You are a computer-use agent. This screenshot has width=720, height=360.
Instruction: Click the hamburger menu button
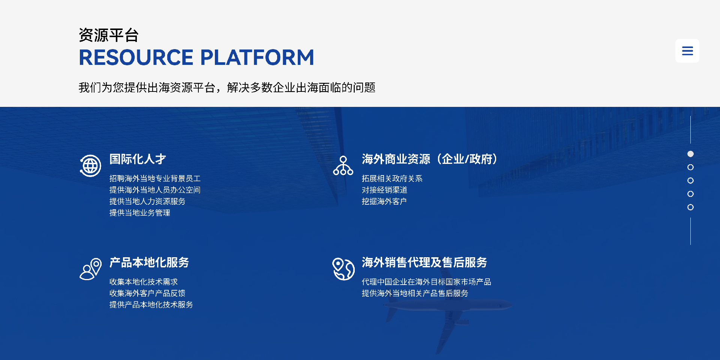pos(687,51)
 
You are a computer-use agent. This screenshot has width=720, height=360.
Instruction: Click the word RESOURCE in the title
pos(136,57)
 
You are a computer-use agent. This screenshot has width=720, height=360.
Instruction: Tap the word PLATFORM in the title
pos(257,57)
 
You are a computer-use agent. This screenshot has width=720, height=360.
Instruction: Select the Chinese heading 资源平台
pos(109,35)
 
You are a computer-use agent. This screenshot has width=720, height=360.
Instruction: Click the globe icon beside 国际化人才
pos(90,166)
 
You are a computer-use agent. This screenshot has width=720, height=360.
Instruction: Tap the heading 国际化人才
pos(138,159)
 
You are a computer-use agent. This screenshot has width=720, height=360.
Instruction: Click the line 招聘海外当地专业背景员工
pos(155,178)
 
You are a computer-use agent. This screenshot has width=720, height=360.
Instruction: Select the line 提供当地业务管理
pos(139,213)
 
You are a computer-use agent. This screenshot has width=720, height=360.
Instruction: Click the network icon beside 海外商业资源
pos(343,166)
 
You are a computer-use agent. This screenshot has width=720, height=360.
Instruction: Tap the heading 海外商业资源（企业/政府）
pos(430,159)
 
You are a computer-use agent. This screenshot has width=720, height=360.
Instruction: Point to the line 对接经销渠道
pos(384,190)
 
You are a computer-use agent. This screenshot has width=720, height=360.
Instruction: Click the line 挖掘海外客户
pos(384,201)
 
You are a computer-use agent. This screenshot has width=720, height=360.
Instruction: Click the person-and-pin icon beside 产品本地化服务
pos(90,269)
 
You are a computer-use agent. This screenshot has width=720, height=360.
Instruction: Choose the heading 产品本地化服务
pos(149,262)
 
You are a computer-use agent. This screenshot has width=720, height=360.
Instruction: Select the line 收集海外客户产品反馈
pos(147,293)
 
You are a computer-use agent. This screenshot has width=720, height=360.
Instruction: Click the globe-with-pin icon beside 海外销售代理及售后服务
pos(343,269)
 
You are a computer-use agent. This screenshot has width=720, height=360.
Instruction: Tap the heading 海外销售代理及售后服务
pos(424,262)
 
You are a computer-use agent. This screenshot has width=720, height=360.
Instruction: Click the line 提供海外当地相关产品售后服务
pos(415,293)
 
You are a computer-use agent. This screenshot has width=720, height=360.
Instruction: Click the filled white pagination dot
pos(690,154)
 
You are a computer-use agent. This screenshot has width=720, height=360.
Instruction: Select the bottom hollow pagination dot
pos(690,207)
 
